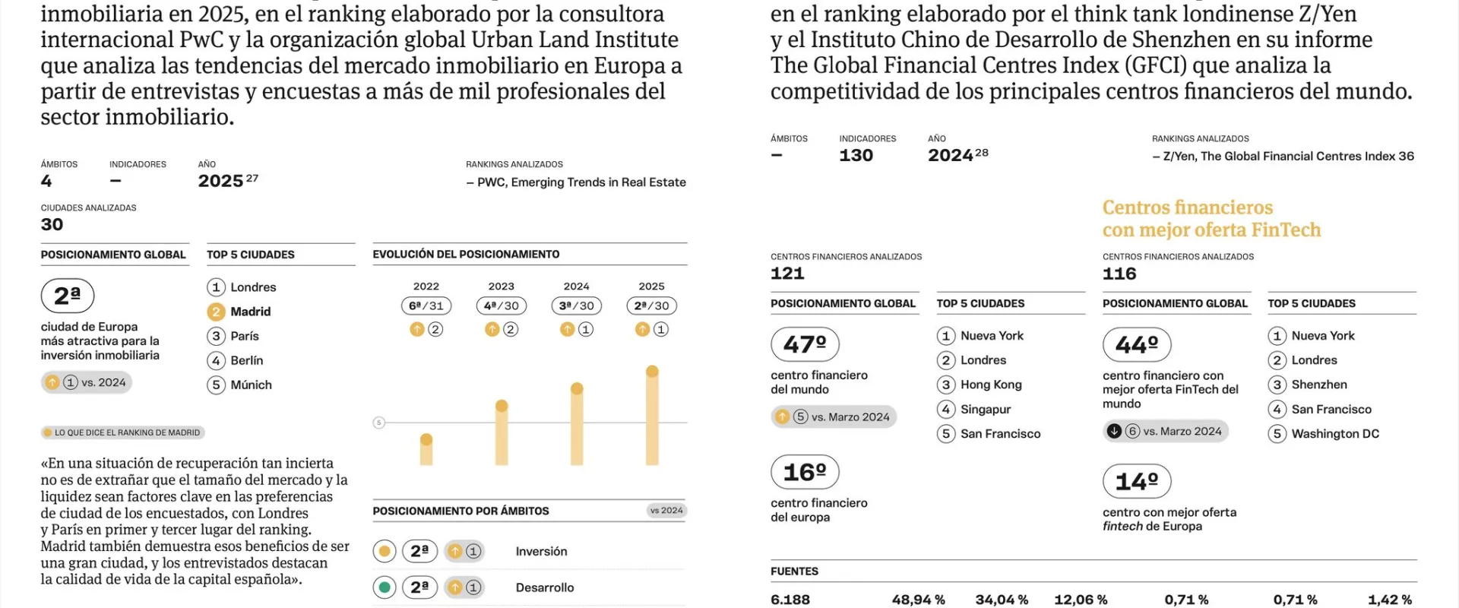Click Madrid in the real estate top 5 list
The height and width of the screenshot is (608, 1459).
coord(250,312)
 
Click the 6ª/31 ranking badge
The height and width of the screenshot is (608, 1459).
coord(426,306)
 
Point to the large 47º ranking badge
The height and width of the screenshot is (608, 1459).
coord(805,344)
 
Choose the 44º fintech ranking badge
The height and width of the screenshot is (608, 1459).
coord(1137,345)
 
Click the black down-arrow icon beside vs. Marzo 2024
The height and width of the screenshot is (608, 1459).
coord(1114,431)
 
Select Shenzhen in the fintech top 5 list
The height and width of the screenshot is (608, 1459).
coord(1318,385)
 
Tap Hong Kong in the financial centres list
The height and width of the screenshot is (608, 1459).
coord(990,385)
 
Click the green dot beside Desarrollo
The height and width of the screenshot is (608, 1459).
coord(385,587)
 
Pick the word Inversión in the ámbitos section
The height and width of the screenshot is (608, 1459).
coord(541,552)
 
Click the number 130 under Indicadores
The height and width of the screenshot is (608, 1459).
coord(856,156)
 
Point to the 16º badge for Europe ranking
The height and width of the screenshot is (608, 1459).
coord(805,472)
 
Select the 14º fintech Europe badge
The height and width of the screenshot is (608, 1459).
coord(1137,481)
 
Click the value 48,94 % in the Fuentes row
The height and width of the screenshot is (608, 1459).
coord(918,600)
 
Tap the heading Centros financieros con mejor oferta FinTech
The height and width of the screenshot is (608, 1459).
coord(1211,219)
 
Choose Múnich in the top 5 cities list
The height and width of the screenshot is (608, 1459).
coord(251,385)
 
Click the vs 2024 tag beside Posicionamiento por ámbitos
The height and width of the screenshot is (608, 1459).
coord(666,511)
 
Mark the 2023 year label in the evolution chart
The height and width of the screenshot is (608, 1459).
coord(502,287)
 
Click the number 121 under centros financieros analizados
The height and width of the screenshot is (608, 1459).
coord(787,274)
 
